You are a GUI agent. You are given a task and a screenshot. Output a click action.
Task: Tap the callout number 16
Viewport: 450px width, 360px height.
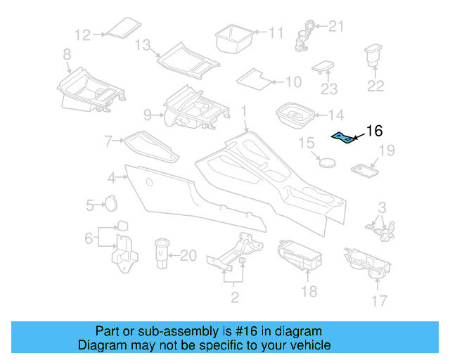[x=374, y=131]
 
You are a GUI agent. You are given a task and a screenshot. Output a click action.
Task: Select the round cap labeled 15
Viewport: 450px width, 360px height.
[x=326, y=161]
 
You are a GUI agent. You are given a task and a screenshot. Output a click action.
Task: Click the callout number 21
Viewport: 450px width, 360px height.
[x=337, y=27]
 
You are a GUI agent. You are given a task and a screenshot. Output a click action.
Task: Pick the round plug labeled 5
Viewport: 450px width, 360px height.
[x=110, y=202]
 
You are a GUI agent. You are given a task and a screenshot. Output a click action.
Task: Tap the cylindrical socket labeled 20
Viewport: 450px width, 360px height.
[x=162, y=253]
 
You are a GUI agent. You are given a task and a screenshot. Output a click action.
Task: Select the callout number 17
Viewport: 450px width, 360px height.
[x=379, y=302]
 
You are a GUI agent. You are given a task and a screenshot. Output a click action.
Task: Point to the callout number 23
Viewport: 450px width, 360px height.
[x=329, y=89]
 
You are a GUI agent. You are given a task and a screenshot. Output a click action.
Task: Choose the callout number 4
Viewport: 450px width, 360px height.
[x=112, y=177]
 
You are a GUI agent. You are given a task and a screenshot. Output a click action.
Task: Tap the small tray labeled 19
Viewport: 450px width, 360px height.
[x=364, y=170]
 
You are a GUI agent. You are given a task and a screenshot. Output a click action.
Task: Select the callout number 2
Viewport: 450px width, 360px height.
[x=234, y=297]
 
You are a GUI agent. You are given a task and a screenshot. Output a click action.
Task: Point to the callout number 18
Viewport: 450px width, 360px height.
[x=309, y=290]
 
